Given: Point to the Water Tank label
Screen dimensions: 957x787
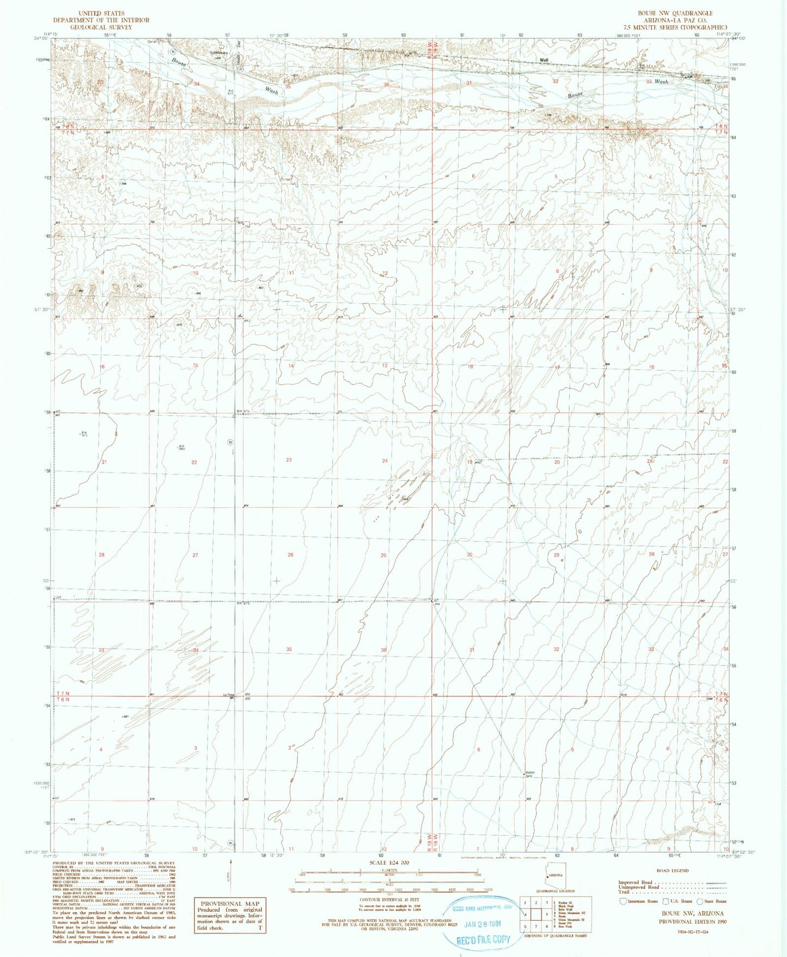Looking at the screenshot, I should coord(528,774).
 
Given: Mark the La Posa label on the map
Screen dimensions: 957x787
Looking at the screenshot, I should coord(229,694).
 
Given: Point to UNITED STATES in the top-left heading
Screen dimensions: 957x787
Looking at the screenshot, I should coord(101,13).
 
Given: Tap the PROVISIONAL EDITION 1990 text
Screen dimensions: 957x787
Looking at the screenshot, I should coord(692,922).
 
